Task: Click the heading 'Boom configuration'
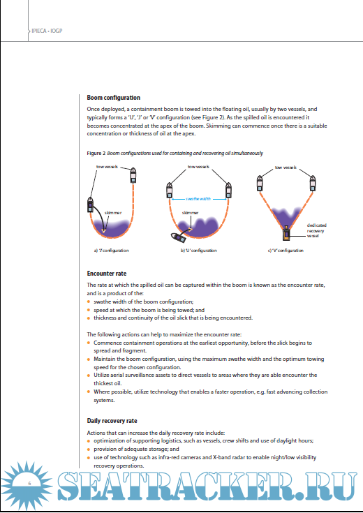point(114,98)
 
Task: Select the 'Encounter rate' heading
point(107,274)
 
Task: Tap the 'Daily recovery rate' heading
point(112,421)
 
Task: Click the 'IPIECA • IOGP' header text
point(47,31)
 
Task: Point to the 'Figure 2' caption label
point(96,153)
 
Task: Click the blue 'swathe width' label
point(198,199)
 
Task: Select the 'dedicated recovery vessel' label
point(316,230)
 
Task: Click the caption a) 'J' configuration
point(111,251)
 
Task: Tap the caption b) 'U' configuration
point(199,251)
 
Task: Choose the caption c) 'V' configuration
point(286,251)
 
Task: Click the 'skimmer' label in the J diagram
point(112,213)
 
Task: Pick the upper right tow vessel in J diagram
point(133,175)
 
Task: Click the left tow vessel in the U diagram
point(169,190)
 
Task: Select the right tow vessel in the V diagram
point(313,183)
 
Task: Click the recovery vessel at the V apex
point(286,233)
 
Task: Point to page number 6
point(29,483)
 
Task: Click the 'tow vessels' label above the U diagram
point(198,167)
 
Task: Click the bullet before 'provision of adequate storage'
point(89,449)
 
